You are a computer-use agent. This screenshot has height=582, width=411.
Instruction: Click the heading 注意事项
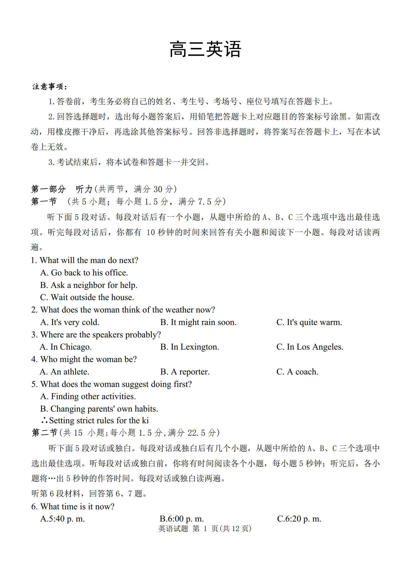(50, 87)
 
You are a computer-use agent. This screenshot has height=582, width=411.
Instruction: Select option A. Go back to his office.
(84, 273)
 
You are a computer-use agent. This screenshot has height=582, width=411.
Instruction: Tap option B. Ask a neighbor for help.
(88, 285)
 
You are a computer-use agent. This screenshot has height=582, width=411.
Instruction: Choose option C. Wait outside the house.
(87, 297)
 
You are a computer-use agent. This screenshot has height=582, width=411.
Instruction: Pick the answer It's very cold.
(70, 322)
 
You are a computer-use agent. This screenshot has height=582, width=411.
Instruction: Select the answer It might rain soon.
(198, 322)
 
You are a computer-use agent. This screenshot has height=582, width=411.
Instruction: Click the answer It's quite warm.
(309, 322)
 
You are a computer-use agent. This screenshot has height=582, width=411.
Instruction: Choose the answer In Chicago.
(66, 347)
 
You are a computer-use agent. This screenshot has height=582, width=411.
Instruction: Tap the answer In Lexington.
(190, 347)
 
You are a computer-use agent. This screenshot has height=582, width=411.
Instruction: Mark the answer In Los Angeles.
(310, 347)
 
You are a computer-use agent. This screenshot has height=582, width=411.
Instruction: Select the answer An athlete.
(65, 372)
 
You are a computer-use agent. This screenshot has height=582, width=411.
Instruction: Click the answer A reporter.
(185, 372)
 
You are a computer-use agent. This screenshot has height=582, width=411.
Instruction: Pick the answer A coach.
(297, 372)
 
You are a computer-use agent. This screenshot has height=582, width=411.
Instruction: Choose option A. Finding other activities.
(88, 396)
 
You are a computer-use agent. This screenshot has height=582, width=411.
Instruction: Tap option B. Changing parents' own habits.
(99, 409)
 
